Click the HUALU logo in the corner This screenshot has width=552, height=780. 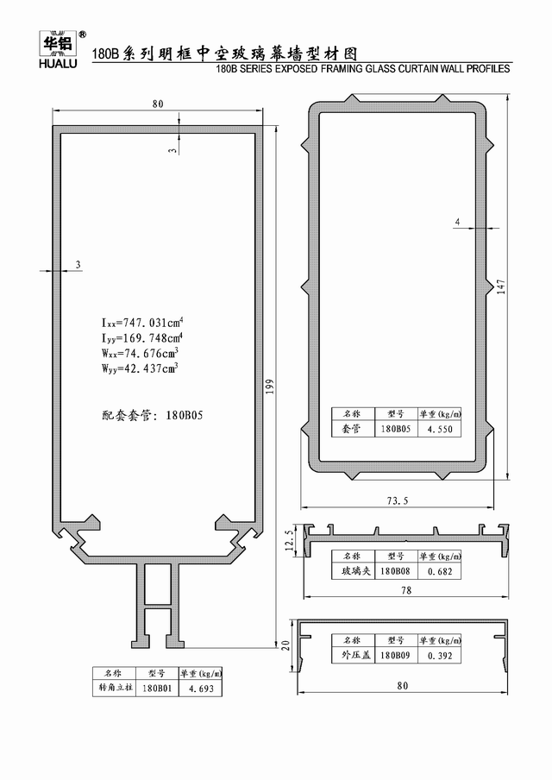(58, 49)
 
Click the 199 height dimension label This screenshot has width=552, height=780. (270, 387)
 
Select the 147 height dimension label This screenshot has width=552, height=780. (501, 286)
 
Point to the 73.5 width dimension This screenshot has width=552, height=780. (398, 500)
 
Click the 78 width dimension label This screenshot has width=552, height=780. (406, 590)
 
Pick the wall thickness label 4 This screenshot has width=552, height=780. (457, 222)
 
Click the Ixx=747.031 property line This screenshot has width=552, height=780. (142, 323)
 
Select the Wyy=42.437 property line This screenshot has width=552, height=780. (140, 368)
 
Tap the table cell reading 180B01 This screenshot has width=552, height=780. (157, 689)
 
